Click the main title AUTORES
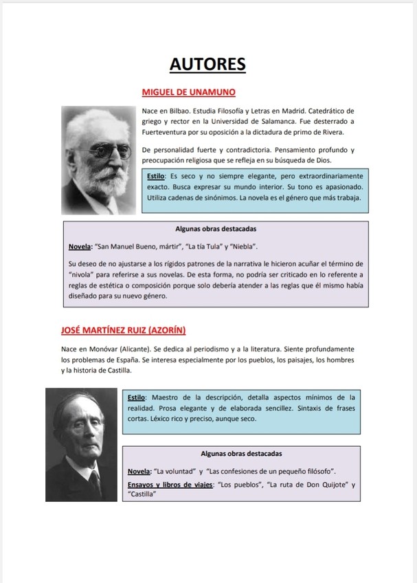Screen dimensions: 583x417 point(207,65)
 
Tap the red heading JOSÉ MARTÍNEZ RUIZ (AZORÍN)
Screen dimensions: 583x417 point(124,330)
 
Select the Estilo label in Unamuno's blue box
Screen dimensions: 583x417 point(156,177)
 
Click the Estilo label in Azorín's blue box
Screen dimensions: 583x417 point(137,397)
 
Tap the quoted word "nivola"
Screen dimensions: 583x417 point(82,274)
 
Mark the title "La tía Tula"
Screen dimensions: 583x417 point(204,246)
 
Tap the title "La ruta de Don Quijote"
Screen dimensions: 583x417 point(307,485)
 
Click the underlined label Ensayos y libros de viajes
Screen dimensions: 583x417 point(169,485)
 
